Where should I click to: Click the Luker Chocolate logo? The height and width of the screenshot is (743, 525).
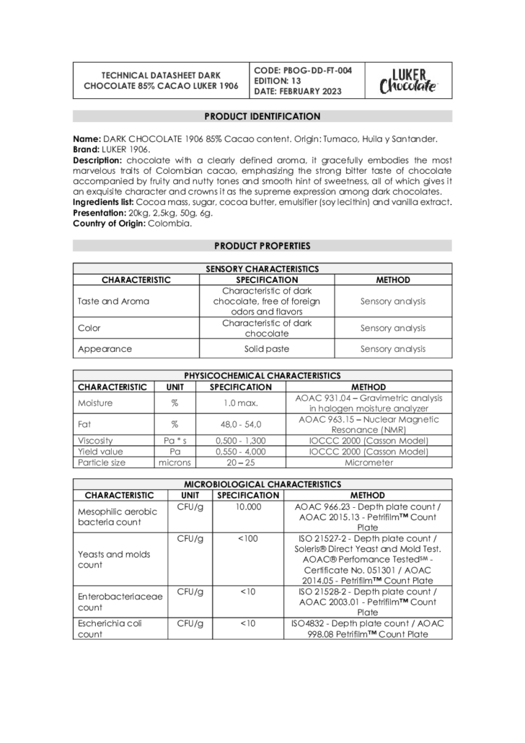pyautogui.click(x=408, y=81)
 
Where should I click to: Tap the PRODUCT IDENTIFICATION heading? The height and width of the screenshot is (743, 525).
pyautogui.click(x=262, y=116)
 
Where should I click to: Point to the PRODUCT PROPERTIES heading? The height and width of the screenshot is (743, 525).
pyautogui.click(x=262, y=246)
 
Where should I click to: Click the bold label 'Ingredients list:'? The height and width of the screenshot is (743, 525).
pyautogui.click(x=102, y=202)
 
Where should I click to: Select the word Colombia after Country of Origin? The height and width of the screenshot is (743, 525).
pyautogui.click(x=169, y=224)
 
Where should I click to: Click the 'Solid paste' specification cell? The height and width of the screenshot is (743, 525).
pyautogui.click(x=267, y=349)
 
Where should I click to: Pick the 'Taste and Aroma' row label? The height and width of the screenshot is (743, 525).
pyautogui.click(x=113, y=302)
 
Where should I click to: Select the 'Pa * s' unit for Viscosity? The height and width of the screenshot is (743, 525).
pyautogui.click(x=175, y=441)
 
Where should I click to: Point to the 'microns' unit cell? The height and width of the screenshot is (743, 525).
pyautogui.click(x=175, y=462)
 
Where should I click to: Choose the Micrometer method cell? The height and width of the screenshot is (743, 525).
pyautogui.click(x=369, y=462)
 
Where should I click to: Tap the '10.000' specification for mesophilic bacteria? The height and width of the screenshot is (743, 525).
pyautogui.click(x=247, y=507)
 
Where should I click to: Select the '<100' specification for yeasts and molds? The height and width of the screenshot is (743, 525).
pyautogui.click(x=247, y=538)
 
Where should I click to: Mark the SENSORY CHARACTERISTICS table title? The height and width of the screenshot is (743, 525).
pyautogui.click(x=262, y=269)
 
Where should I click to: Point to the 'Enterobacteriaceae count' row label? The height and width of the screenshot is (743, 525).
pyautogui.click(x=116, y=602)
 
